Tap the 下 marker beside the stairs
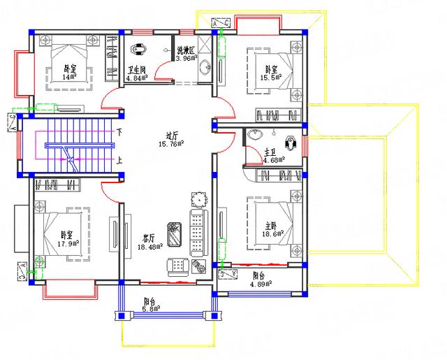tap(120, 132)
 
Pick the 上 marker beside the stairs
tap(120, 159)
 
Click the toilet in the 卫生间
tap(137, 50)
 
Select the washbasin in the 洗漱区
tap(205, 67)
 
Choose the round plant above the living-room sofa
tap(200, 200)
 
